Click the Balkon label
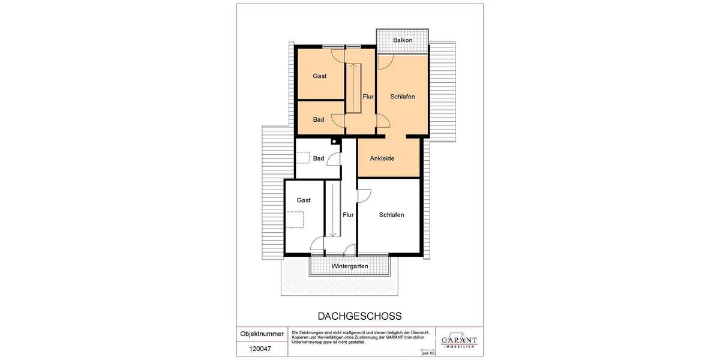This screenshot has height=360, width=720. pyautogui.click(x=403, y=40)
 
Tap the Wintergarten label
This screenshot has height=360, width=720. pyautogui.click(x=349, y=266)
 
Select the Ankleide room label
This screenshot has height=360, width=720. pyautogui.click(x=382, y=159)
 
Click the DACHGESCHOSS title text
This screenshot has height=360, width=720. pyautogui.click(x=359, y=316)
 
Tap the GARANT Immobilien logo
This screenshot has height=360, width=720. pyautogui.click(x=459, y=340)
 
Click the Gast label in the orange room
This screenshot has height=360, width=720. pyautogui.click(x=319, y=76)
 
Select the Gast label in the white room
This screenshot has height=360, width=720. pyautogui.click(x=304, y=201)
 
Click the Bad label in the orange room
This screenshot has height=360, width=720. pyautogui.click(x=319, y=119)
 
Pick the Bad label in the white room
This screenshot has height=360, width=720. pyautogui.click(x=319, y=158)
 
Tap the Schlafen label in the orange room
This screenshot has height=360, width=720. pyautogui.click(x=402, y=97)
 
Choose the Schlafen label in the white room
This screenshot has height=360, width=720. pyautogui.click(x=391, y=215)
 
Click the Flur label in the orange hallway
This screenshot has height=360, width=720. pyautogui.click(x=368, y=97)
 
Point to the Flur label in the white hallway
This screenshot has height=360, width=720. pyautogui.click(x=348, y=214)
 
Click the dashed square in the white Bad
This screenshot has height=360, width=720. pyautogui.click(x=304, y=158)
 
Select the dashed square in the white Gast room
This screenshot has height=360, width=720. pyautogui.click(x=295, y=220)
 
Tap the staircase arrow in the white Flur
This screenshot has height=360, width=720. pyautogui.click(x=332, y=210)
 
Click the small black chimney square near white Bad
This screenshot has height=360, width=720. pyautogui.click(x=334, y=142)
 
